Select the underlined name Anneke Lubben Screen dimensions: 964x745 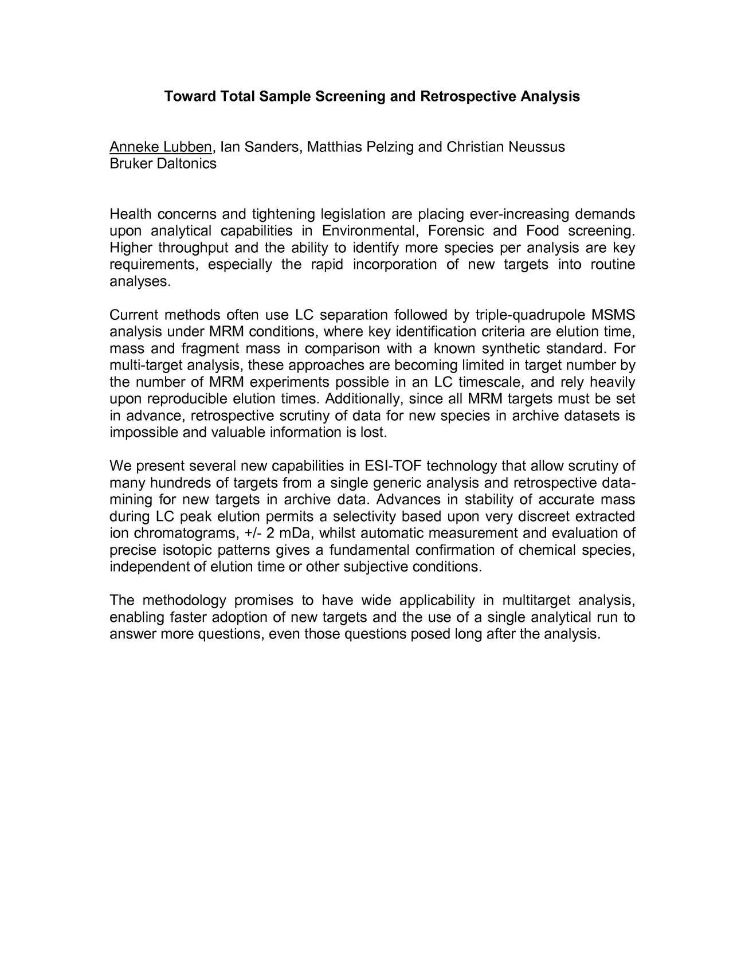tap(160, 147)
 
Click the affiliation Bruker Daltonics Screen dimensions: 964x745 tap(163, 164)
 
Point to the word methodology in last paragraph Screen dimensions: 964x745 tap(184, 601)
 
